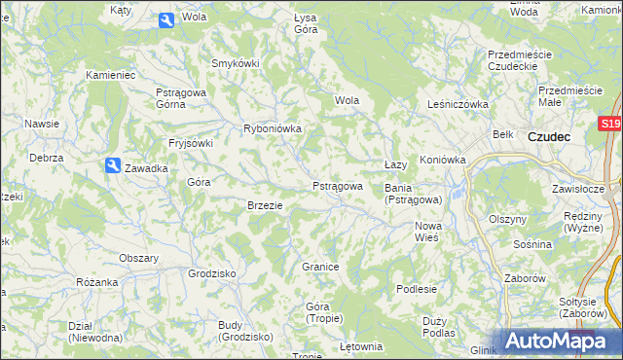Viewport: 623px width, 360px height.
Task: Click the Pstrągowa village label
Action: click(x=338, y=186)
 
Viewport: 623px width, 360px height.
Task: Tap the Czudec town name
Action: click(x=549, y=137)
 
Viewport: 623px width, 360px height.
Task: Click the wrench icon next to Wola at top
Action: click(x=165, y=18)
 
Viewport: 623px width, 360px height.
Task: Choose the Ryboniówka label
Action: click(x=273, y=128)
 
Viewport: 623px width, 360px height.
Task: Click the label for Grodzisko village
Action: click(x=213, y=273)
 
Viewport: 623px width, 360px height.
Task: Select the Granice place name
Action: click(x=319, y=267)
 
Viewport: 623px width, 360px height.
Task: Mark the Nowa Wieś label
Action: click(x=428, y=232)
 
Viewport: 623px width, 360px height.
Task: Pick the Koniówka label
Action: click(x=443, y=160)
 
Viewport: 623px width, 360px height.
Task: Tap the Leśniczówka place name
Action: click(x=457, y=103)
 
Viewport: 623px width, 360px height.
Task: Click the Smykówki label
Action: click(x=236, y=63)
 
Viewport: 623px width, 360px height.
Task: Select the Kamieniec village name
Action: click(x=110, y=74)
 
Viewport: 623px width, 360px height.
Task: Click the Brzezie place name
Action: click(x=265, y=205)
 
